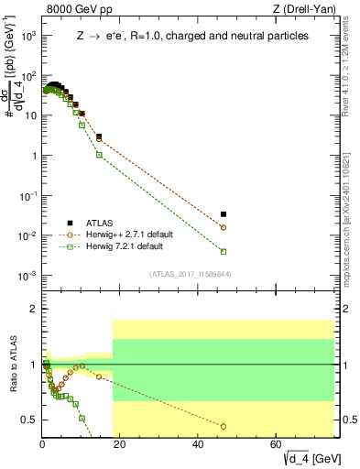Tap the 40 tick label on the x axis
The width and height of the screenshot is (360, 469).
(x=198, y=444)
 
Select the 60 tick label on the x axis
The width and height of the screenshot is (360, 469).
(x=276, y=444)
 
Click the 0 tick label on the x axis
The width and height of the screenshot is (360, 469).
(x=42, y=444)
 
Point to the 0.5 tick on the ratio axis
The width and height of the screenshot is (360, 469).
(x=30, y=420)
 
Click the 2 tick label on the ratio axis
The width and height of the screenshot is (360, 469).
(x=34, y=309)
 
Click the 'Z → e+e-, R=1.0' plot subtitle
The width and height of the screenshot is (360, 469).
(x=191, y=37)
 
